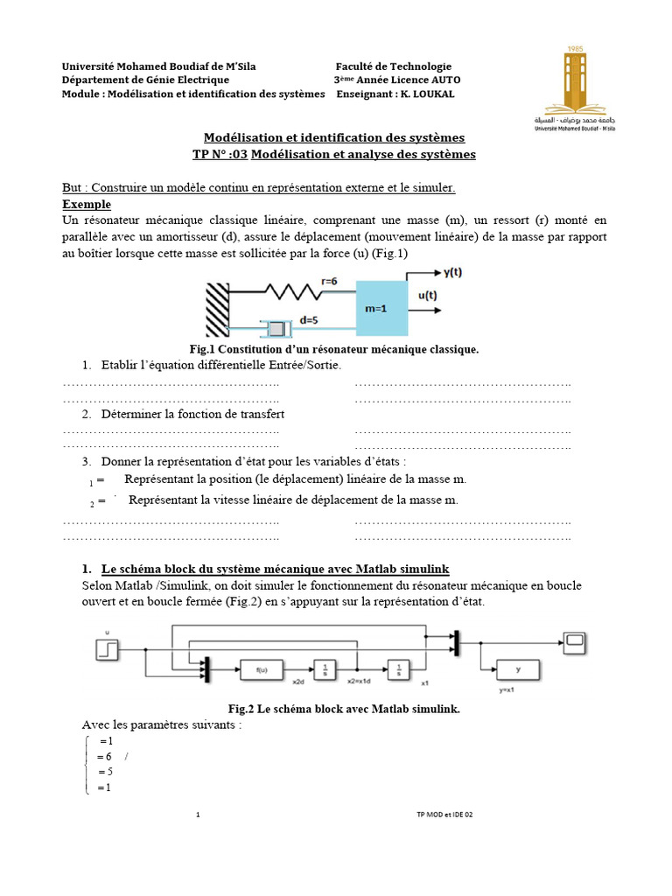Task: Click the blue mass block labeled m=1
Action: click(x=381, y=308)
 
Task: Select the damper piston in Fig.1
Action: click(x=279, y=329)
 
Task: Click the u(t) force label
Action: click(x=428, y=296)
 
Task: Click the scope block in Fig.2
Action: click(x=575, y=643)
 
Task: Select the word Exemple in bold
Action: click(x=87, y=204)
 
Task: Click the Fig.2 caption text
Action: click(x=343, y=709)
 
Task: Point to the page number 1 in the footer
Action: click(x=199, y=815)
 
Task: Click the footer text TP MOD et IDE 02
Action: click(x=444, y=815)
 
